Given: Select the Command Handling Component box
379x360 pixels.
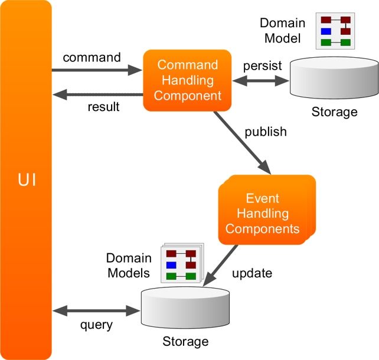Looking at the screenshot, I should pos(187,80).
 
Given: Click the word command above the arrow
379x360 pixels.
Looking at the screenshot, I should pos(92,57).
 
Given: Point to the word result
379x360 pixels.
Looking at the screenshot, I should pos(103,107).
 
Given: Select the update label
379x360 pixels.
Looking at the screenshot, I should pos(252,273).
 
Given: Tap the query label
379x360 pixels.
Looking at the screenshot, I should pos(96,325).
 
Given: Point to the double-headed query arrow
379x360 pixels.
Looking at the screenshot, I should pos(96,310).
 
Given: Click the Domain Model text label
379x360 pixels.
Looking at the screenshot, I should pos(283,31).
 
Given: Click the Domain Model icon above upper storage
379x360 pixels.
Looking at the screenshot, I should pos(334,31).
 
